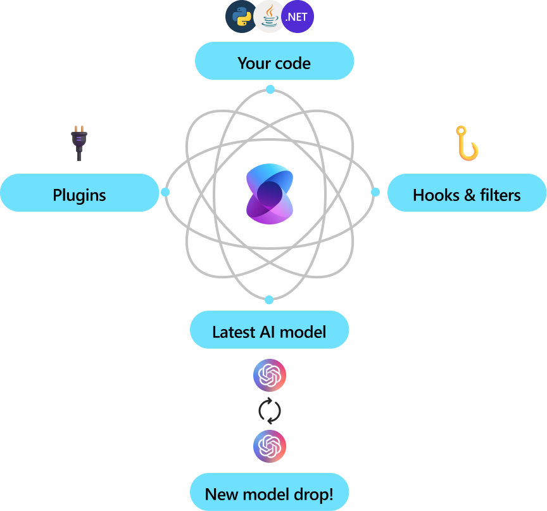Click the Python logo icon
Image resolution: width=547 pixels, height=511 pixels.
pyautogui.click(x=242, y=17)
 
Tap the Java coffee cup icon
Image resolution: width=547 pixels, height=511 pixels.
pyautogui.click(x=270, y=17)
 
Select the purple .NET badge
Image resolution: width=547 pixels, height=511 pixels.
pyautogui.click(x=297, y=17)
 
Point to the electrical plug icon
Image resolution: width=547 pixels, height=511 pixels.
pyautogui.click(x=79, y=143)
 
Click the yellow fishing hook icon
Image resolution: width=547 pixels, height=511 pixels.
pyautogui.click(x=467, y=143)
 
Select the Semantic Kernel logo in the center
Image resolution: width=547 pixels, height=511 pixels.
pyautogui.click(x=270, y=193)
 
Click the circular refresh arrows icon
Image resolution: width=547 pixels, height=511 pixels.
pyautogui.click(x=270, y=411)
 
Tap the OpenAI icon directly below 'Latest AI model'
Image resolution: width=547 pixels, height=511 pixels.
pyautogui.click(x=270, y=375)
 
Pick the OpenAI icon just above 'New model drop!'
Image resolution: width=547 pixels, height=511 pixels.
pyautogui.click(x=270, y=446)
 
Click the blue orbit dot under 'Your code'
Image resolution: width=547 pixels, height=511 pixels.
pyautogui.click(x=270, y=89)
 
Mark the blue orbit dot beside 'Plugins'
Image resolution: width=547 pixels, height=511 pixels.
pyautogui.click(x=165, y=191)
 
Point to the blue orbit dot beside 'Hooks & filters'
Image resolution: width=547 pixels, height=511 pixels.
pyautogui.click(x=375, y=191)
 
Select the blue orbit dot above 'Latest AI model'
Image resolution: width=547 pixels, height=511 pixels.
pyautogui.click(x=269, y=299)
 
